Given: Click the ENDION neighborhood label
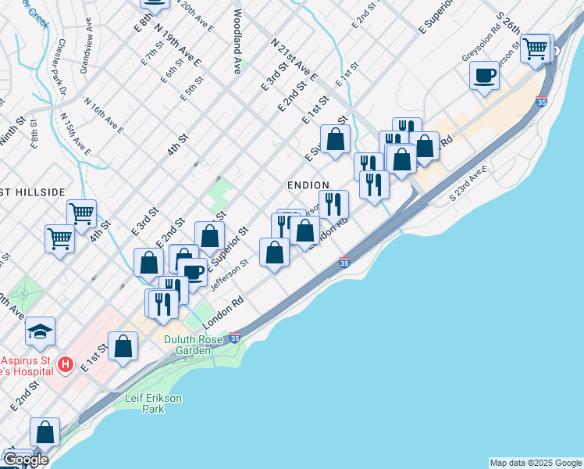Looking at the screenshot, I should pyautogui.click(x=308, y=184).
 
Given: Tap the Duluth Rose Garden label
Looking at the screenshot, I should pyautogui.click(x=188, y=345).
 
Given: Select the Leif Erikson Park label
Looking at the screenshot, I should pyautogui.click(x=154, y=403).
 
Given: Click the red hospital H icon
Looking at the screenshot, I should pyautogui.click(x=66, y=364).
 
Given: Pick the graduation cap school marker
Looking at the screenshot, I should pyautogui.click(x=40, y=332).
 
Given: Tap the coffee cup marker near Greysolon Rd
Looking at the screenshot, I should pyautogui.click(x=485, y=76).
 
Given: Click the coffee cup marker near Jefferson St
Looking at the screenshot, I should pyautogui.click(x=192, y=273).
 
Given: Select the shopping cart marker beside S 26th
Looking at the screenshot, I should pyautogui.click(x=536, y=48).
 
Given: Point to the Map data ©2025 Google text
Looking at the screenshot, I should pyautogui.click(x=536, y=463).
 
